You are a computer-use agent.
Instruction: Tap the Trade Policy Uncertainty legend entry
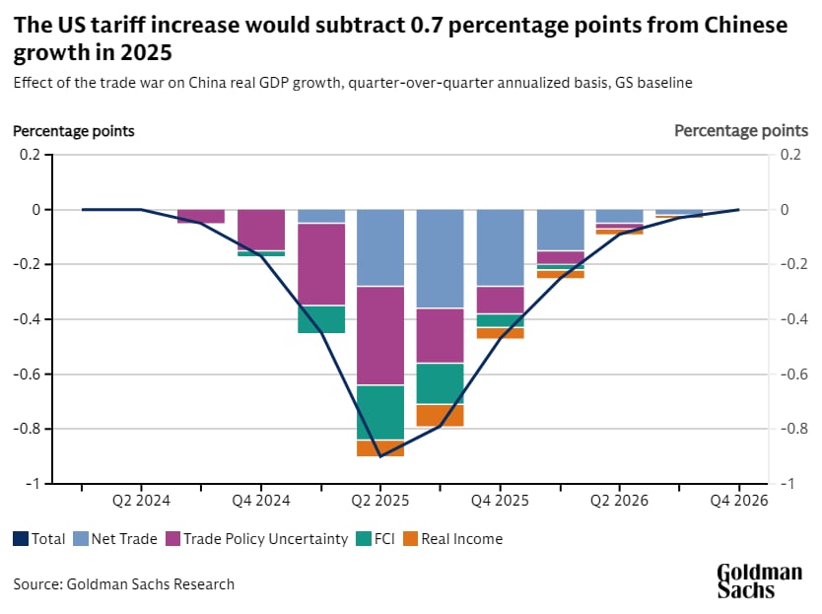(x=255, y=539)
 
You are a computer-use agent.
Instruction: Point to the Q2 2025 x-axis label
(x=380, y=501)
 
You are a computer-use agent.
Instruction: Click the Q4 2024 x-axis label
(x=261, y=501)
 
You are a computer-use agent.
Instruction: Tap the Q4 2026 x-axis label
(x=739, y=501)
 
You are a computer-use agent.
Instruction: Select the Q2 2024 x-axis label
(x=142, y=501)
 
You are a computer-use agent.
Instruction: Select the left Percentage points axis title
(x=74, y=130)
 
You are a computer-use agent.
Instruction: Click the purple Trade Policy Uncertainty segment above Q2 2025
(x=380, y=335)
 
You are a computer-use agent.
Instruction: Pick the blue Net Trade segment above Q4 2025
(x=500, y=247)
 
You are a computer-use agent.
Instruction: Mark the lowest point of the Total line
(x=380, y=456)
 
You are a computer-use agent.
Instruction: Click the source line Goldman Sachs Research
(x=124, y=584)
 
